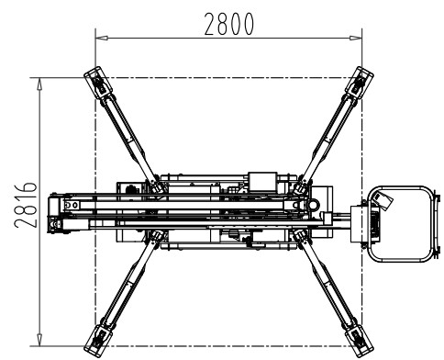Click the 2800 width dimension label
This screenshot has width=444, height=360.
pyautogui.click(x=228, y=24)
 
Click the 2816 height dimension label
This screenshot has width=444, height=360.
pyautogui.click(x=25, y=205)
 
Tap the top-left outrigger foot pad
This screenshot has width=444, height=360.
pyautogui.click(x=98, y=83)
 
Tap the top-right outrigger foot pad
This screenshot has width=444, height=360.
pyautogui.click(x=360, y=83)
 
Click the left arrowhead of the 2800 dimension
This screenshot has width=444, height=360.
pyautogui.click(x=102, y=39)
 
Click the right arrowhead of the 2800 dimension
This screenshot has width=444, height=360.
pyautogui.click(x=356, y=39)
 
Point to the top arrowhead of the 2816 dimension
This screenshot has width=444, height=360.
pyautogui.click(x=39, y=84)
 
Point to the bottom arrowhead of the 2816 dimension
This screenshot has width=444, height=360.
pyautogui.click(x=39, y=340)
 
